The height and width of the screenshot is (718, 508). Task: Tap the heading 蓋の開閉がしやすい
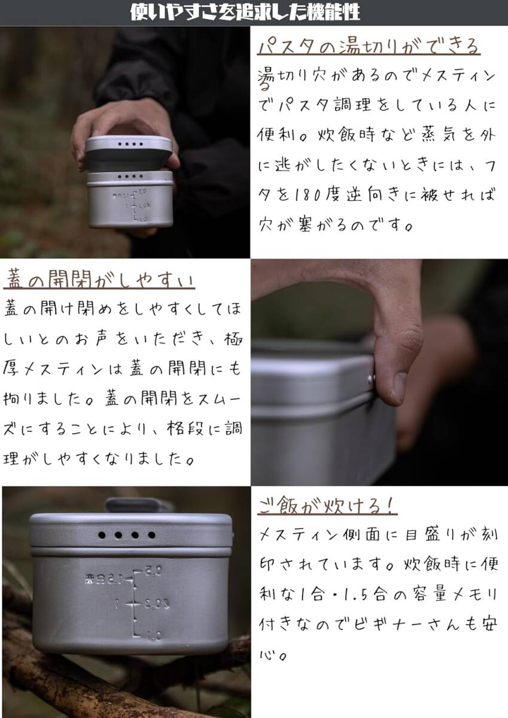coord(99,279)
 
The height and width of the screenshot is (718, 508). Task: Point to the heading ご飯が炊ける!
coord(327,506)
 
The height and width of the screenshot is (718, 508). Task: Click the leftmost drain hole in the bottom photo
coord(102,535)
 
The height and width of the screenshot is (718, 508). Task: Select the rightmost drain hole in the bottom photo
coord(151,535)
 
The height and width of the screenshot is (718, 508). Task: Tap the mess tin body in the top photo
coord(130,203)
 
